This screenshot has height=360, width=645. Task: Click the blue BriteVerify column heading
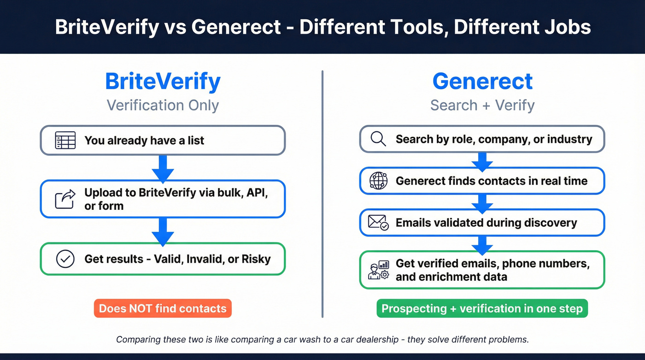click(x=163, y=82)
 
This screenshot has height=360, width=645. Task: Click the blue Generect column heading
click(x=482, y=82)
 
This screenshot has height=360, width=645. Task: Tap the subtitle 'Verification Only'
click(x=163, y=105)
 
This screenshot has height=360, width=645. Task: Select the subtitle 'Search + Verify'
click(x=482, y=105)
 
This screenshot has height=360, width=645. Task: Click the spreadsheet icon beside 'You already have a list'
click(x=65, y=140)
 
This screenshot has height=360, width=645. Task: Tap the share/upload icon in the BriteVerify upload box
click(x=65, y=199)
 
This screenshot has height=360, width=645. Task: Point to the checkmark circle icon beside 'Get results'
click(x=65, y=259)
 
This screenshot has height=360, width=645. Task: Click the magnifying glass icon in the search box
click(x=378, y=139)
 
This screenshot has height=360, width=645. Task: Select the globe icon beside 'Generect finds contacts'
click(x=378, y=181)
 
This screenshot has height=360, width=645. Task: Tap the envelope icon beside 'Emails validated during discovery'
click(x=378, y=223)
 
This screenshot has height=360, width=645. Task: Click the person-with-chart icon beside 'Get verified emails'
click(x=378, y=270)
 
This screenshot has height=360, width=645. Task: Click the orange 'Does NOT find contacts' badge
click(x=163, y=308)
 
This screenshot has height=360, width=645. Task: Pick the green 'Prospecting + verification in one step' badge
click(x=482, y=308)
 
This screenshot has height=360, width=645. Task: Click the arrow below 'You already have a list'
click(x=163, y=168)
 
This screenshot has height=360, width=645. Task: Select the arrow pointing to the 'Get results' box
click(x=163, y=231)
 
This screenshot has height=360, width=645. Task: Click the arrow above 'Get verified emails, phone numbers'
click(x=482, y=244)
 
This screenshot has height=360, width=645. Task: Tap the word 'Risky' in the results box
click(x=256, y=259)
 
